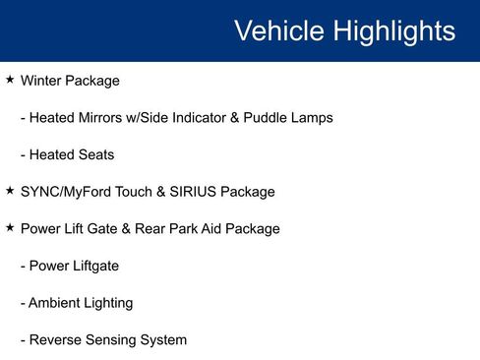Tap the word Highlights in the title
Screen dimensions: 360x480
[393, 30]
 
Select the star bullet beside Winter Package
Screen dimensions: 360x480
[10, 79]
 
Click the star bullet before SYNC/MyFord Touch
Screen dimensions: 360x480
[10, 190]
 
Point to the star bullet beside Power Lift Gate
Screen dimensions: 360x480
[10, 227]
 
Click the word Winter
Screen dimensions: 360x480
[41, 81]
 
